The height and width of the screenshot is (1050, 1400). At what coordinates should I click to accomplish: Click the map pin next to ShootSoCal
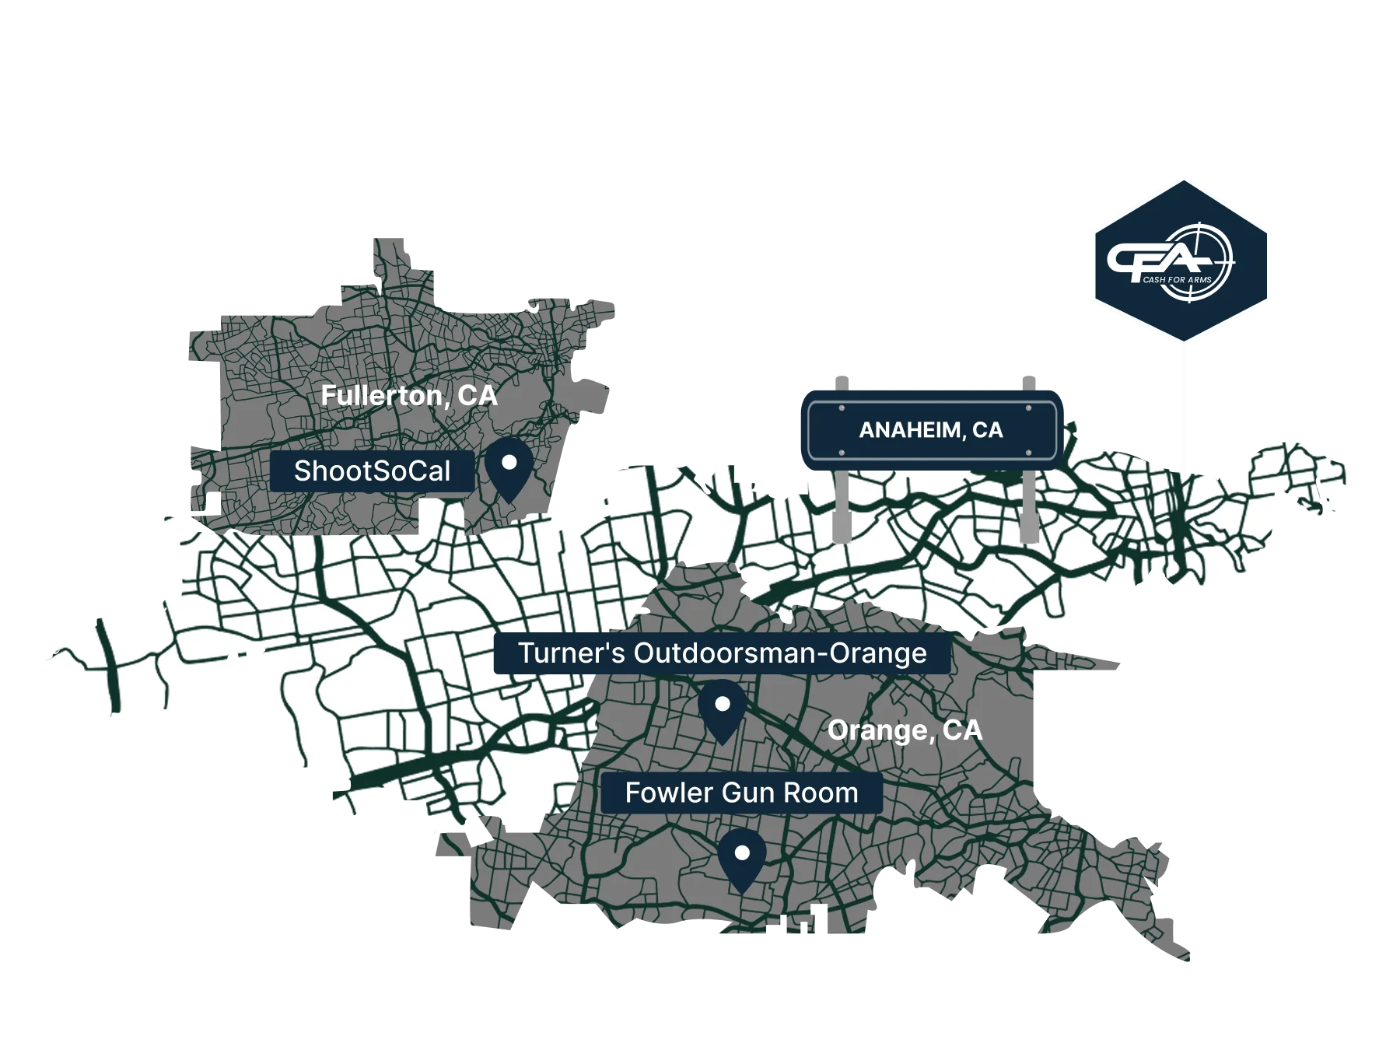[509, 468]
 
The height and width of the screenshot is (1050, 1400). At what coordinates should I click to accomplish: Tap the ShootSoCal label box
[372, 471]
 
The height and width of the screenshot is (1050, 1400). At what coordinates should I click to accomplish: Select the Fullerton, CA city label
[408, 396]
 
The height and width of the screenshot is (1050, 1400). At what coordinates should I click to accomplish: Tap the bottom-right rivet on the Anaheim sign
[1029, 453]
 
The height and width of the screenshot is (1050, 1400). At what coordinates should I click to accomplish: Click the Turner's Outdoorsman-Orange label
[722, 653]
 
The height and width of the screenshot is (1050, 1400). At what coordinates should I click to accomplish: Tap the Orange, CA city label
[905, 730]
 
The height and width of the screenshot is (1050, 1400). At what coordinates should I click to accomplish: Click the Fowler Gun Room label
[741, 793]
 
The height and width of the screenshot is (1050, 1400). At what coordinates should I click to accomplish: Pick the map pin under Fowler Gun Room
[741, 857]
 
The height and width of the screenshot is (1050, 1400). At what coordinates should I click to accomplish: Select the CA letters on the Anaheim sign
[987, 430]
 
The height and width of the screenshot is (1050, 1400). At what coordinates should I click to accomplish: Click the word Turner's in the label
[571, 653]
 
